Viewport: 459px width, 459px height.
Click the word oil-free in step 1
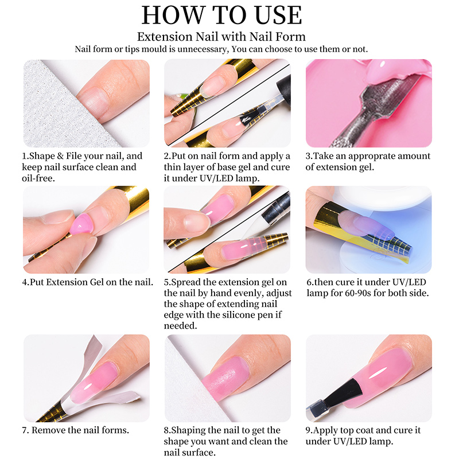coord(38,178)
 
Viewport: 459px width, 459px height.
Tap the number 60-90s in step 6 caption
coord(357,293)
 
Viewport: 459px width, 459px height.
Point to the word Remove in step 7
coord(48,430)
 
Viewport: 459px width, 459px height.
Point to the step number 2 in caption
coord(166,156)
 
